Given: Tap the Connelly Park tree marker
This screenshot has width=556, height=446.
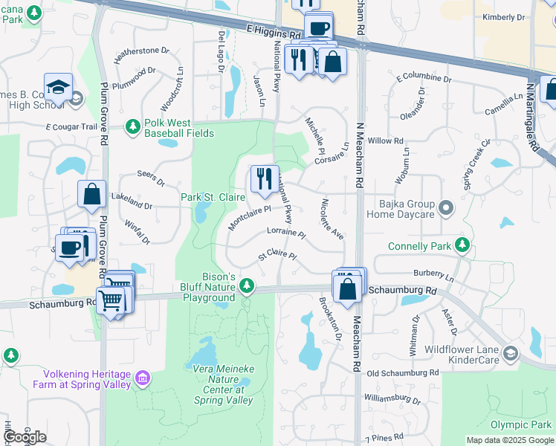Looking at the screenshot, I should point(463,245).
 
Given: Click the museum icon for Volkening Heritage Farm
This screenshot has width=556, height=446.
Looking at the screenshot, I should point(143,378).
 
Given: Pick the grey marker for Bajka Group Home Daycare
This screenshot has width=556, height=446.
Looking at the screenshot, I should point(445,207).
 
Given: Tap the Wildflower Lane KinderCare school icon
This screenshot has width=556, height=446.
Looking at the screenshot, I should point(510,353).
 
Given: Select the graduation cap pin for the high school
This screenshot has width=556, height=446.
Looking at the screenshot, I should point(58,88).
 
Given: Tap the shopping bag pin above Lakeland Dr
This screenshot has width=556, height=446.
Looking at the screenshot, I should point(91,195).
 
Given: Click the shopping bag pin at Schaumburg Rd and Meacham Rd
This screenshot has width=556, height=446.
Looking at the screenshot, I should point(348,288).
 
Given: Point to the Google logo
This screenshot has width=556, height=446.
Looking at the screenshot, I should point(25,437).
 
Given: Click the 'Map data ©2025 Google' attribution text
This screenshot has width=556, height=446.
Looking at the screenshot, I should point(510,440).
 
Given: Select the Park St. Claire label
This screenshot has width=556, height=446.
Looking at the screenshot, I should point(213,197).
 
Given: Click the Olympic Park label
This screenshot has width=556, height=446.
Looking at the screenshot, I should point(520,424).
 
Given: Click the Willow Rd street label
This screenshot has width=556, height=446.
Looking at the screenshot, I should point(385,140).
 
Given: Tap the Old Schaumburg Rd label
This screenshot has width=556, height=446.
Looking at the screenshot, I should point(402,372).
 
